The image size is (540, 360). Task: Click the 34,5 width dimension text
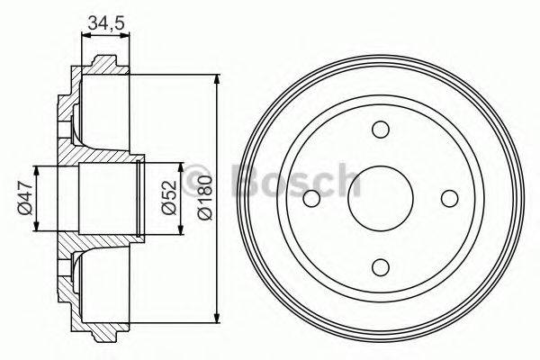tap(106, 24)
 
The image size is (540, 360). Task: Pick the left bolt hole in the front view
tap(311, 197)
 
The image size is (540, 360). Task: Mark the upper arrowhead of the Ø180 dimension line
tap(219, 79)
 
